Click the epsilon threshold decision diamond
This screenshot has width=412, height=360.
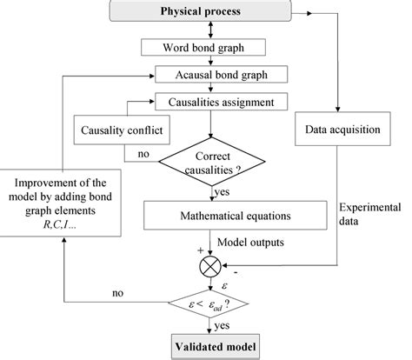pos(209,302)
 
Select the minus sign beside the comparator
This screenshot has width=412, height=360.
pos(237,276)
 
